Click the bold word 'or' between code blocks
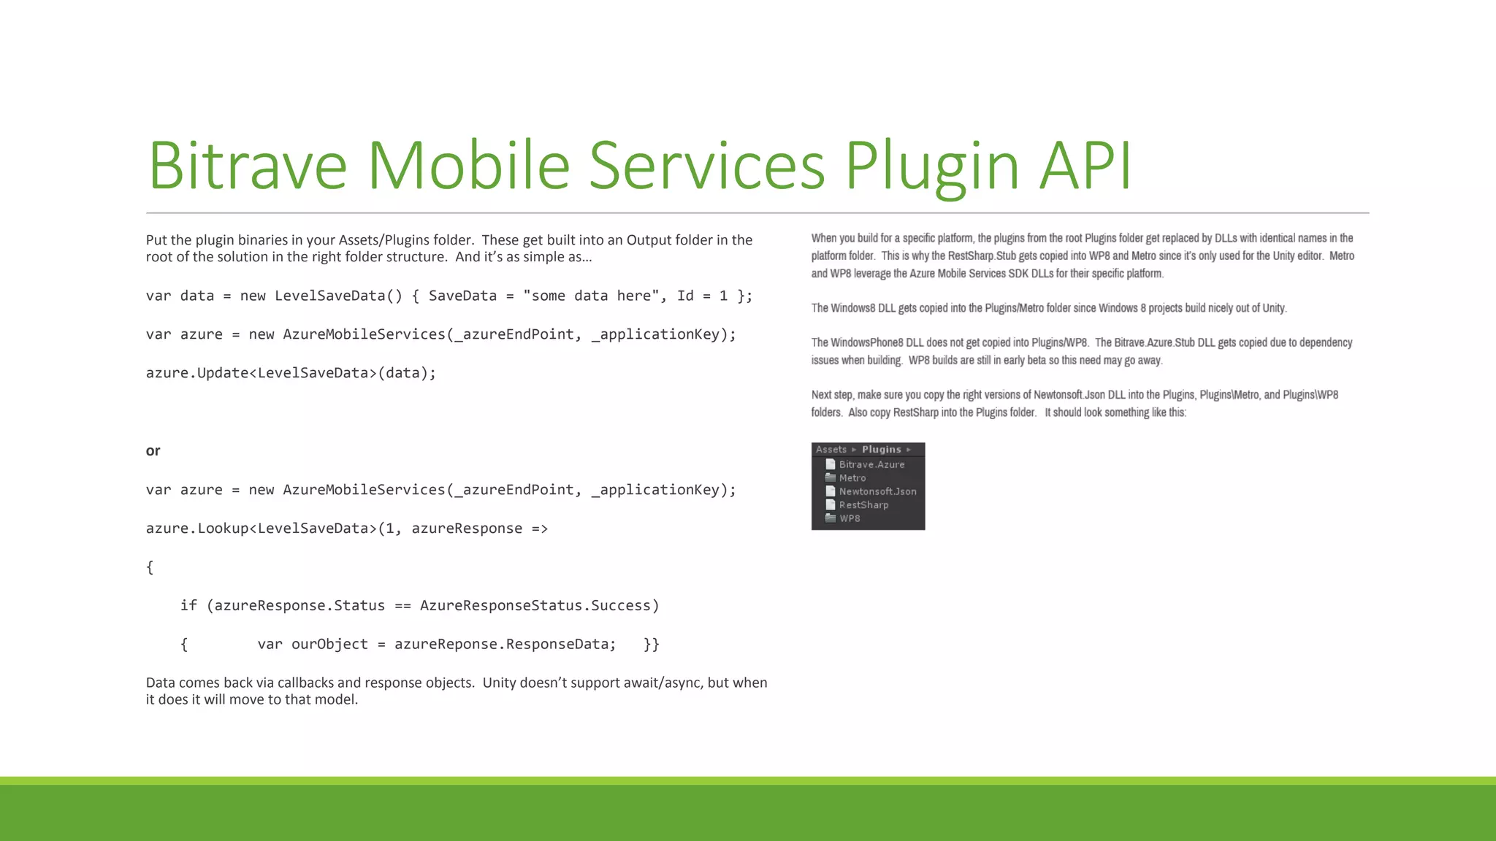153,450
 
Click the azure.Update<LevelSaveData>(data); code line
291,373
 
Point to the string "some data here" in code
591,296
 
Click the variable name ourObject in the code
329,645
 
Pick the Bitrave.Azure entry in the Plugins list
871,464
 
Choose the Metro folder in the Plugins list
852,478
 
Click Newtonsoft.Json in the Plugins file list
877,491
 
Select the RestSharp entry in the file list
863,505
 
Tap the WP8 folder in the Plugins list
850,518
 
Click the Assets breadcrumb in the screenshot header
831,450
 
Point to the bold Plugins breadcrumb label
881,450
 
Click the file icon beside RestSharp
830,504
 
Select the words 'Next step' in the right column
831,395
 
